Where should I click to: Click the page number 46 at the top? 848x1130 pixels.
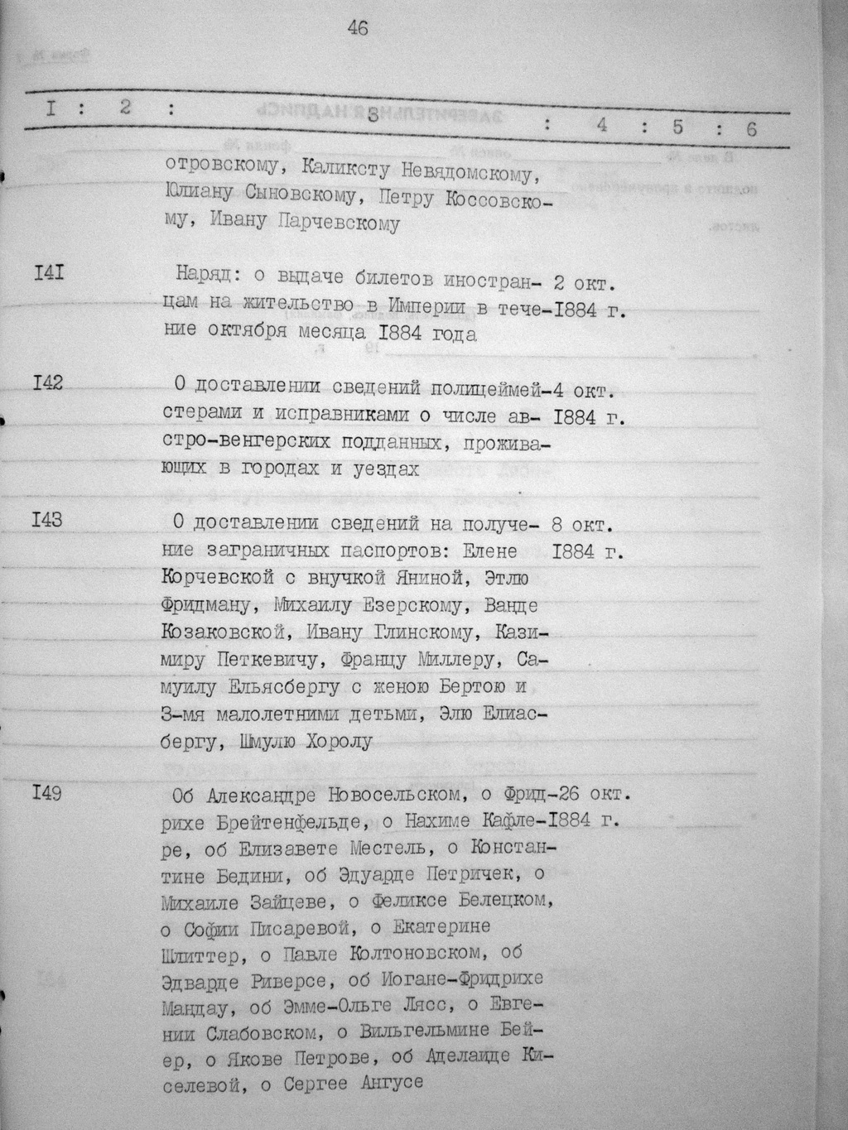click(358, 28)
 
